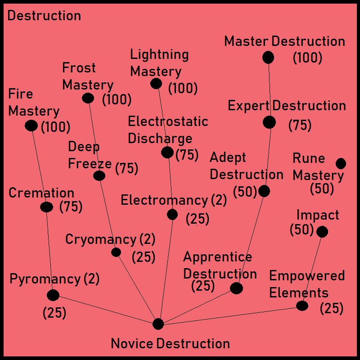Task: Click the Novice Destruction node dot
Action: [x=158, y=324]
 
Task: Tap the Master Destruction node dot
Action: [x=268, y=58]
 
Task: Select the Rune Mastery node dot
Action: [x=341, y=163]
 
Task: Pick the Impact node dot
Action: [x=322, y=232]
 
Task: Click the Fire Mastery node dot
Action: [x=31, y=126]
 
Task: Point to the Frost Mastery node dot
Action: [x=88, y=98]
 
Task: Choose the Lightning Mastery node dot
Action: [x=156, y=83]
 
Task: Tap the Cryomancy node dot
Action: [x=116, y=252]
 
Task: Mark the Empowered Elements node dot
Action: [x=302, y=306]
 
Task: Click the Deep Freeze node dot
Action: [x=99, y=175]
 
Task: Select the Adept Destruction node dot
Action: [x=264, y=191]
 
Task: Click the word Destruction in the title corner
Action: [x=44, y=16]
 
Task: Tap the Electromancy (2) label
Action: [x=174, y=200]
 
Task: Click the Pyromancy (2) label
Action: [x=54, y=279]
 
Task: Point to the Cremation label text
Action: [x=41, y=193]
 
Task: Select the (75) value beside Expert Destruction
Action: [x=300, y=125]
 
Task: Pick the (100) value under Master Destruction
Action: [x=307, y=58]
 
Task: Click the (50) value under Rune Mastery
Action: [x=322, y=189]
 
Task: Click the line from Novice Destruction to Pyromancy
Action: [x=106, y=310]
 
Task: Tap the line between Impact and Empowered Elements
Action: [x=312, y=269]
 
